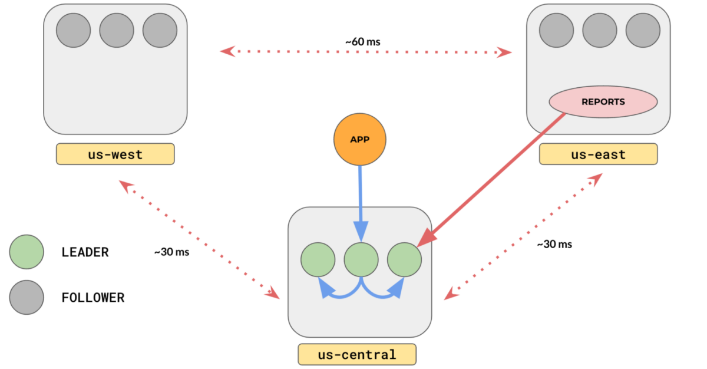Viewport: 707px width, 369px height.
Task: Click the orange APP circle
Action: tap(359, 139)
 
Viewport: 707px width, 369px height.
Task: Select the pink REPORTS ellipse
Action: tap(603, 101)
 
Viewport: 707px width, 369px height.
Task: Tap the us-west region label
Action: tap(115, 154)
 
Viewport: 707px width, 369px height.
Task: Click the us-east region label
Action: tap(598, 154)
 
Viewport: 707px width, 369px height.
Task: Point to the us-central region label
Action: tap(356, 355)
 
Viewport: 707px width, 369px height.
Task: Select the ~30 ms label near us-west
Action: tap(172, 252)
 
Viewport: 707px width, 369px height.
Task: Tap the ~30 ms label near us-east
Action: tap(554, 244)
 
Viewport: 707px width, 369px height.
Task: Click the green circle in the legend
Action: tap(27, 252)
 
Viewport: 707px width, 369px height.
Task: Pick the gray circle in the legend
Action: tap(27, 297)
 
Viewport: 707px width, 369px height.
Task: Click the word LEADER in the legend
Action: tap(85, 252)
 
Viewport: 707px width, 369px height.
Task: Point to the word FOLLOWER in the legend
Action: tap(93, 298)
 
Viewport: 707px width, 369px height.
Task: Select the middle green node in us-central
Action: tap(361, 259)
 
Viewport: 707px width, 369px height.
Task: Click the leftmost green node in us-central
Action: tap(318, 259)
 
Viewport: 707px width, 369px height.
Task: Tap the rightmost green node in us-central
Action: tap(404, 259)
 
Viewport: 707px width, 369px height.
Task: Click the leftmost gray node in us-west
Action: tap(74, 31)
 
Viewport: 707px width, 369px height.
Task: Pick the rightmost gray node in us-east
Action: tap(643, 31)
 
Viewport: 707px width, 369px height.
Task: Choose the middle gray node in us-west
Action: tap(117, 31)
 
